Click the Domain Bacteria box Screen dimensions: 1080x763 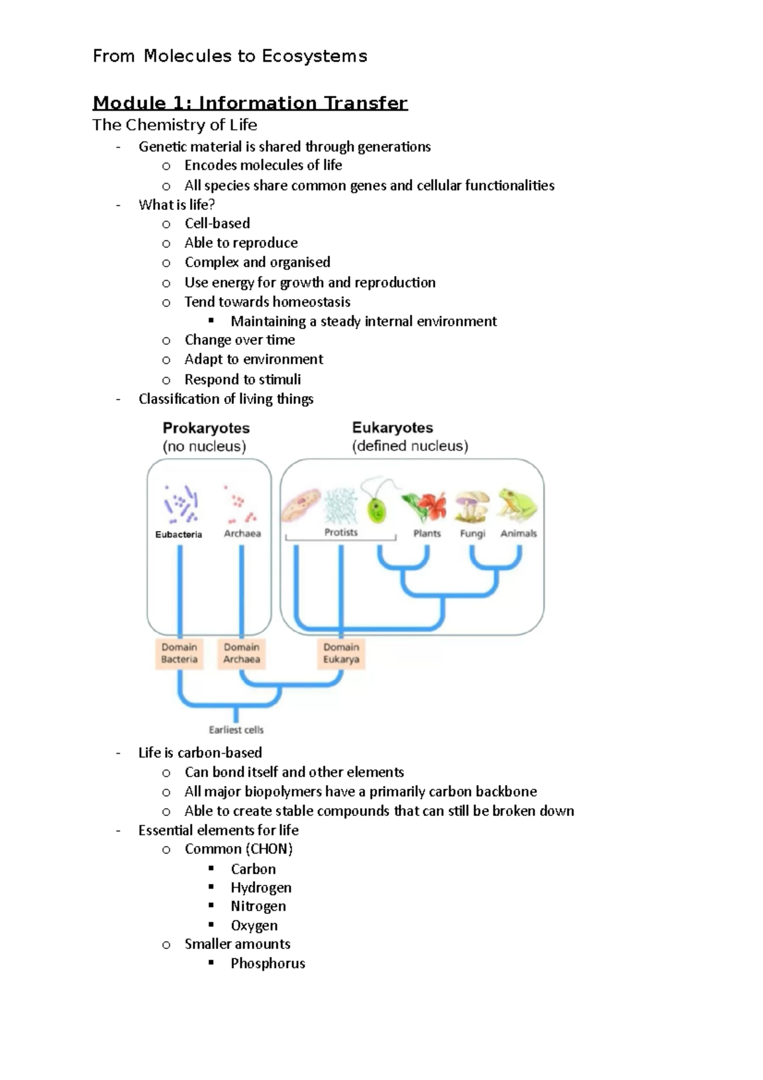pyautogui.click(x=179, y=653)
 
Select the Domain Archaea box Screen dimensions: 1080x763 pyautogui.click(x=242, y=653)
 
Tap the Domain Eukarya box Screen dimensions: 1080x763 pyautogui.click(x=341, y=653)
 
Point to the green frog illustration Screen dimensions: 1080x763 pyautogui.click(x=518, y=504)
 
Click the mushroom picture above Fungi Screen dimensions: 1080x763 pyautogui.click(x=472, y=506)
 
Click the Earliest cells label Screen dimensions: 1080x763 pyautogui.click(x=236, y=730)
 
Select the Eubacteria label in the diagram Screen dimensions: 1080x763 pyautogui.click(x=179, y=534)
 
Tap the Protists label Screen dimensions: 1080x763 pyautogui.click(x=341, y=532)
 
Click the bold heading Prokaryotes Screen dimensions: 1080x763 pyautogui.click(x=206, y=428)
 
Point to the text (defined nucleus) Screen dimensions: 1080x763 pyautogui.click(x=410, y=446)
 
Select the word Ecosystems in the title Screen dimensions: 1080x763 pyautogui.click(x=314, y=56)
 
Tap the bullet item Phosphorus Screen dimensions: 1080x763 pyautogui.click(x=268, y=963)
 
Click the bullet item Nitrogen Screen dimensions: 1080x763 pyautogui.click(x=258, y=906)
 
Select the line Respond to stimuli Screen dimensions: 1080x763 pyautogui.click(x=242, y=379)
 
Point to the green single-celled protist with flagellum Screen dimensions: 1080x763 pyautogui.click(x=376, y=507)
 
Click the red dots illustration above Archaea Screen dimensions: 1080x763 pyautogui.click(x=240, y=504)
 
